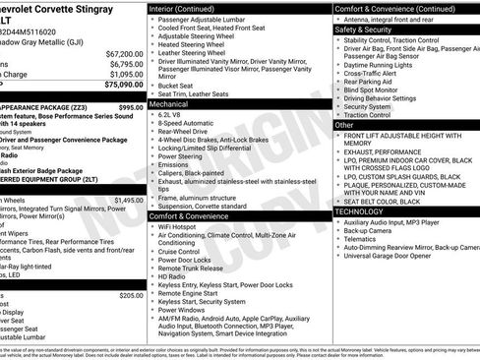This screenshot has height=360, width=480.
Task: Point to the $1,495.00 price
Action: (x=128, y=200)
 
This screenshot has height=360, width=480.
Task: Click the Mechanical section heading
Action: (x=170, y=102)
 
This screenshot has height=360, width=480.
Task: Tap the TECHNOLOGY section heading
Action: (x=359, y=211)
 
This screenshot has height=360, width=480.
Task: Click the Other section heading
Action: (x=343, y=126)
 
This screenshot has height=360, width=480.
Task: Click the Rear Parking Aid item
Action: (x=373, y=78)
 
